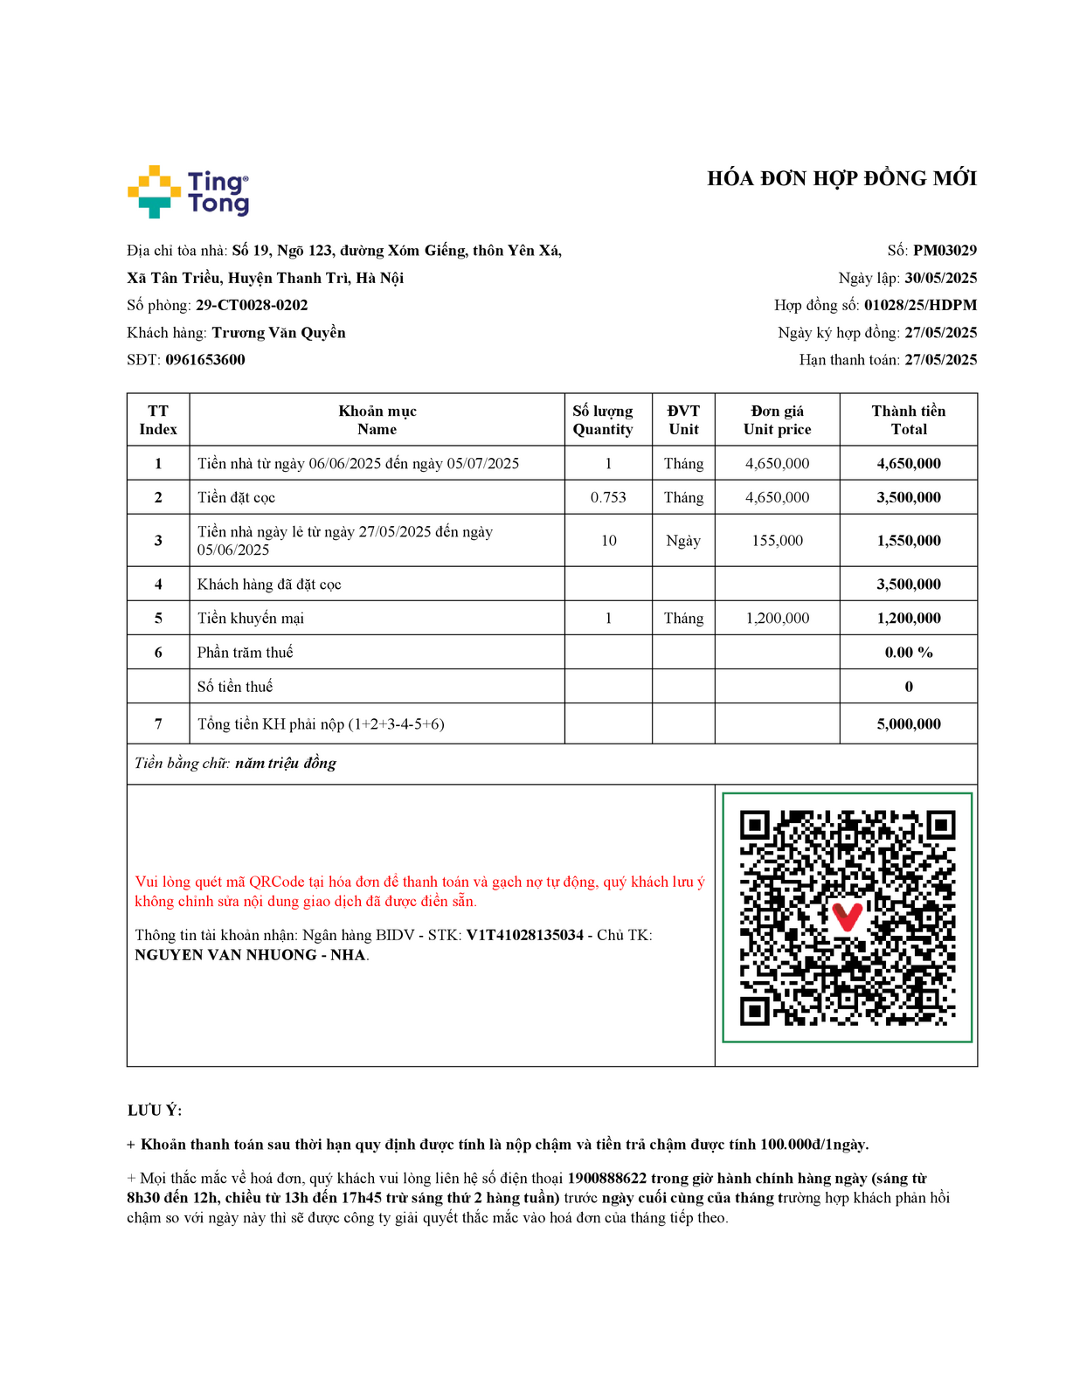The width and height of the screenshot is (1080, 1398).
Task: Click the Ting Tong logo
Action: click(x=188, y=191)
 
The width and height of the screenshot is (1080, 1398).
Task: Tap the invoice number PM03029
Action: click(x=945, y=251)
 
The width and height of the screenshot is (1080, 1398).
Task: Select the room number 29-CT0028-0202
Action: click(x=252, y=305)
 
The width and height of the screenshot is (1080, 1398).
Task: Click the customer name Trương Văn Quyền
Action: click(x=279, y=333)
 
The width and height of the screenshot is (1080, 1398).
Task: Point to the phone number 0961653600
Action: click(x=205, y=360)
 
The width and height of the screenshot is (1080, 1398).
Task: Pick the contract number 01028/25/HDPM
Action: click(x=920, y=305)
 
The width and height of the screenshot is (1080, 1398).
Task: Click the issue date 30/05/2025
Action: click(x=940, y=278)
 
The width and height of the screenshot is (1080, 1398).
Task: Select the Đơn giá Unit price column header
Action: click(x=777, y=420)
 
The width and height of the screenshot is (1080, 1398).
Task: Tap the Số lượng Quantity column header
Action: click(x=603, y=420)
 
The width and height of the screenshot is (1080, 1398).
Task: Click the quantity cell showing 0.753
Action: click(x=608, y=497)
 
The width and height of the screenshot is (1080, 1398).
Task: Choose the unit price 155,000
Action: click(x=777, y=541)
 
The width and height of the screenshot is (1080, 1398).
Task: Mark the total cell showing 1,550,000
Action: click(x=909, y=541)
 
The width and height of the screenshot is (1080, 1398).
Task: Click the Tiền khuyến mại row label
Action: click(x=251, y=619)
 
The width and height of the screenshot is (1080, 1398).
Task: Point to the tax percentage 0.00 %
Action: click(x=909, y=653)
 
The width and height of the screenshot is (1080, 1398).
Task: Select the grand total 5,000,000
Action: click(x=909, y=724)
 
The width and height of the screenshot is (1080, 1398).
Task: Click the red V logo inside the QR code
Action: click(x=847, y=917)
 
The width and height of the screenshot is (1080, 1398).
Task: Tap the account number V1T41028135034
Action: click(x=524, y=935)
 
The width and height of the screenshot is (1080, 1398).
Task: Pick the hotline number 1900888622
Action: click(x=606, y=1179)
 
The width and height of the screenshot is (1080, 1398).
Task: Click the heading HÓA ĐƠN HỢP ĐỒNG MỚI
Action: click(x=841, y=179)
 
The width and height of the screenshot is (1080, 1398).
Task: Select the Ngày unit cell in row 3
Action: click(x=683, y=541)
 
